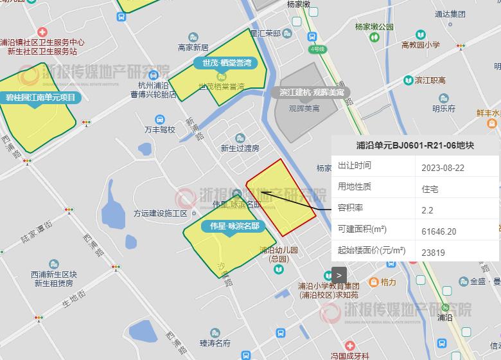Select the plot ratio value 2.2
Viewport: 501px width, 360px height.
[427, 210]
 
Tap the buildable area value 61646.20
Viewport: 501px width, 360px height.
[439, 231]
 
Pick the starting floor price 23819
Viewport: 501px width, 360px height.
[433, 253]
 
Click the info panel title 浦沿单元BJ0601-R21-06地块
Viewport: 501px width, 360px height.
[415, 145]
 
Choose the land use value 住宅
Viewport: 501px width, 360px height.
[430, 189]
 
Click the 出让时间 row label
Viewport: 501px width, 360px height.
[355, 166]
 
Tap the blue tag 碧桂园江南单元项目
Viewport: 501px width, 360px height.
[40, 98]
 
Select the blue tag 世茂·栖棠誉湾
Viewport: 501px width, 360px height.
[226, 63]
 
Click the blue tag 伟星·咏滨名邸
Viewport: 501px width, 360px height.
[234, 226]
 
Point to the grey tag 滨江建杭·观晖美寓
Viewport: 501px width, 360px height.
[312, 93]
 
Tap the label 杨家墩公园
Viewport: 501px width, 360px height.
[374, 27]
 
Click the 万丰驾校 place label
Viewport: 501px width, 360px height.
[160, 129]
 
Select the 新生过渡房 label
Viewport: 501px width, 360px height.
[240, 148]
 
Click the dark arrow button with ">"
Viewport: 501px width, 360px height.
[339, 275]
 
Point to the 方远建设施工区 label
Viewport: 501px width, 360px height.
[160, 213]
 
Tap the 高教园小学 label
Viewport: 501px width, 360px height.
[420, 45]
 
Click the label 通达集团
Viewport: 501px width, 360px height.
[450, 14]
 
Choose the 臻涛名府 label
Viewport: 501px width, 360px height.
[215, 343]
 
